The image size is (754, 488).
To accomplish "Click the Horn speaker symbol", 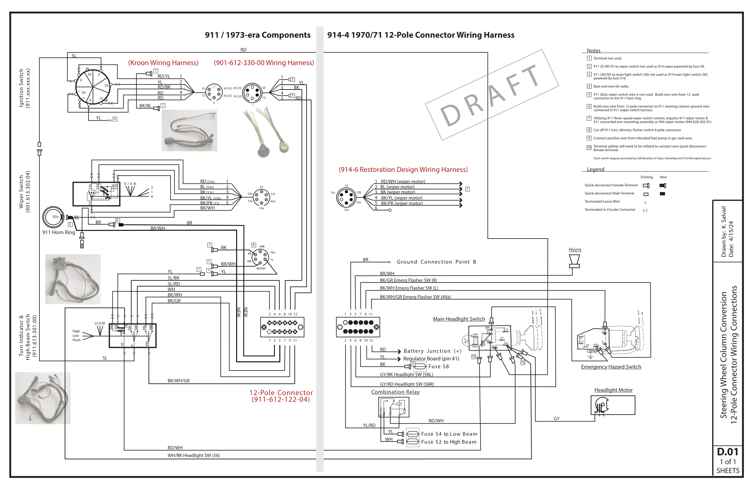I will coord(574,261).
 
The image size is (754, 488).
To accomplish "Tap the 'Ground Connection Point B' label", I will coord(436,262).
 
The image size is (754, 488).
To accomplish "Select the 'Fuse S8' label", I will coord(438,366).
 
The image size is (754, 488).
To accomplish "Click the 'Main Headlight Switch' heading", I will coord(459,319).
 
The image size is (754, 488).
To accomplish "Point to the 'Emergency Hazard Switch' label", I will coord(611,367).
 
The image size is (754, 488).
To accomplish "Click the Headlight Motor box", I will coord(613,405).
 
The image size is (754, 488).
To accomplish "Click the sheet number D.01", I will coord(727,451).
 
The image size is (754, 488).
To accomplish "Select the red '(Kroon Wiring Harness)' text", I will coord(163,63).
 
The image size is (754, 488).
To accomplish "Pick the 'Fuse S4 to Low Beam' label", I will coord(449,434).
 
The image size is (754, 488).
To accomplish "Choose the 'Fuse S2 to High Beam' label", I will coord(449,442).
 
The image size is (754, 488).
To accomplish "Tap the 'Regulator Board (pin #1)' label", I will coord(431,358).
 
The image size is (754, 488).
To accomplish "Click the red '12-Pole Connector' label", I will coord(281,393).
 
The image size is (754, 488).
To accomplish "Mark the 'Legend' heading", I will coord(595,169).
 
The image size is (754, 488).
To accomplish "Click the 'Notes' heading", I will coord(593,51).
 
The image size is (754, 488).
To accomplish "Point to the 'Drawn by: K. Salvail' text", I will coord(723,231).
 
